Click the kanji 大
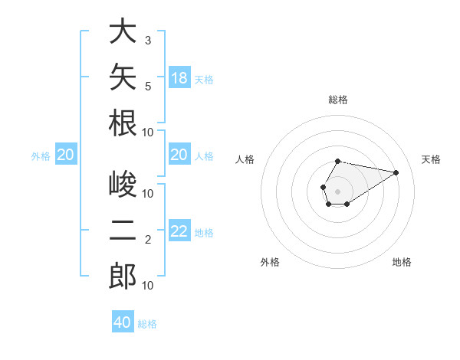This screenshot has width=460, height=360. [x=123, y=31]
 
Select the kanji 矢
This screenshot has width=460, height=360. [x=123, y=77]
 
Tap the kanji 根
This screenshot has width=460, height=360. [x=123, y=123]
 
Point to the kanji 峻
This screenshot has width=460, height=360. [x=123, y=184]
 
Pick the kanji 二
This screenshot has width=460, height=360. [x=123, y=230]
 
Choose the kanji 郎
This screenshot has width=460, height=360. [x=123, y=276]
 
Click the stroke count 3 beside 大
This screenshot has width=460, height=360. [x=148, y=41]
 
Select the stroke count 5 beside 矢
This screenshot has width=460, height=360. [x=148, y=87]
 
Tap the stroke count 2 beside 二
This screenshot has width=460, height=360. [x=148, y=240]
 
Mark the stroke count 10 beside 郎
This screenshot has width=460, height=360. [x=147, y=286]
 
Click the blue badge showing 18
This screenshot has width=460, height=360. [x=179, y=77]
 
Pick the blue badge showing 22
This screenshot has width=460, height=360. [x=179, y=230]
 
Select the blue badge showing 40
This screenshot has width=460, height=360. [x=123, y=321]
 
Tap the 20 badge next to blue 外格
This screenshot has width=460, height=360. [x=66, y=154]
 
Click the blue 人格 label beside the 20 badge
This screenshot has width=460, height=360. [x=204, y=156]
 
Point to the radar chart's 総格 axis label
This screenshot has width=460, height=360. [x=338, y=100]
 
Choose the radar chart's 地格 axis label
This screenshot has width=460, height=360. [x=402, y=262]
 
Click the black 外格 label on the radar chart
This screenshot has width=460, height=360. [x=270, y=262]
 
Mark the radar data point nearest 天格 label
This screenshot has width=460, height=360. [x=396, y=172]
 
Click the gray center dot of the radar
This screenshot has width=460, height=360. [x=337, y=191]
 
